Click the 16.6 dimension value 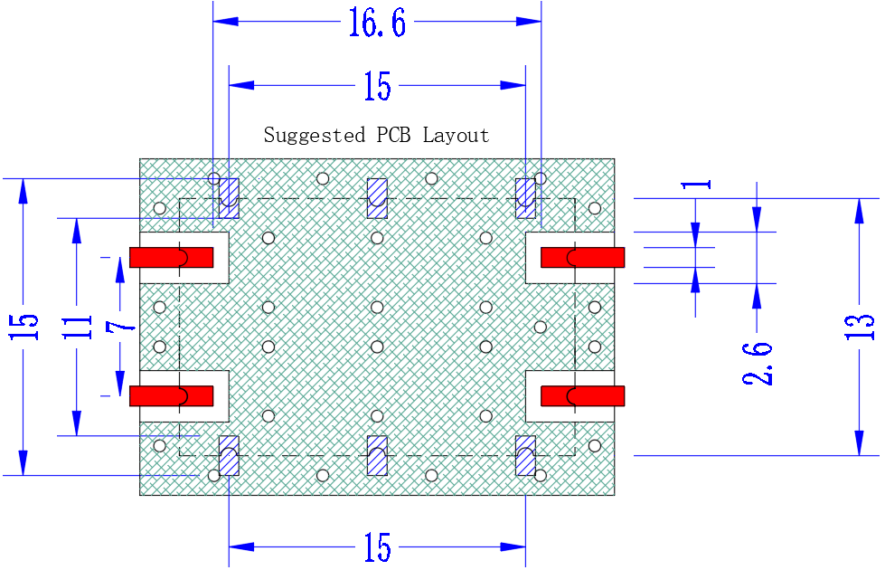(x=377, y=23)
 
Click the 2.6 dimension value (x=758, y=363)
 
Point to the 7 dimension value (x=120, y=327)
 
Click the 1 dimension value (x=696, y=185)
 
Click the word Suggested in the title (x=315, y=136)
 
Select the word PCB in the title (x=393, y=135)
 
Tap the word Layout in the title (x=456, y=136)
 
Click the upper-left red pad (x=172, y=258)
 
